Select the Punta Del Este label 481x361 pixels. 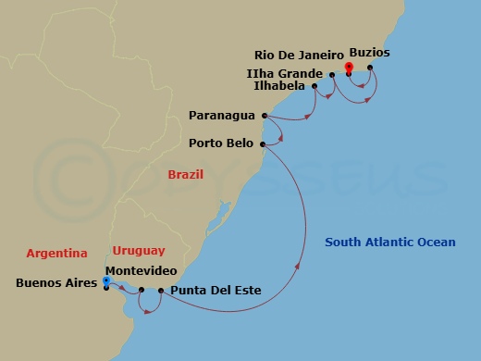click(216, 291)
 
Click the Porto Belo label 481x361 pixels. click(222, 143)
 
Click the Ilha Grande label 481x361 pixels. click(286, 72)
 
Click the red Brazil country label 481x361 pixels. click(186, 174)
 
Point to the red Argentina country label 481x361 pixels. click(56, 253)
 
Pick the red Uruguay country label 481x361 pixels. click(138, 250)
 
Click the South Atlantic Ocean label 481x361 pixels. click(390, 243)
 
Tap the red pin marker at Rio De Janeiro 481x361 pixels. click(349, 67)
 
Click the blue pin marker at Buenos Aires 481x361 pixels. click(106, 280)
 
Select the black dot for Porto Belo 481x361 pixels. click(264, 144)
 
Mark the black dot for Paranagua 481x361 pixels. click(265, 116)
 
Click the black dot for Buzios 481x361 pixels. click(370, 67)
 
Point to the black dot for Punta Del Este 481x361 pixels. click(161, 292)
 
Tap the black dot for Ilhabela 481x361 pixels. click(315, 86)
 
